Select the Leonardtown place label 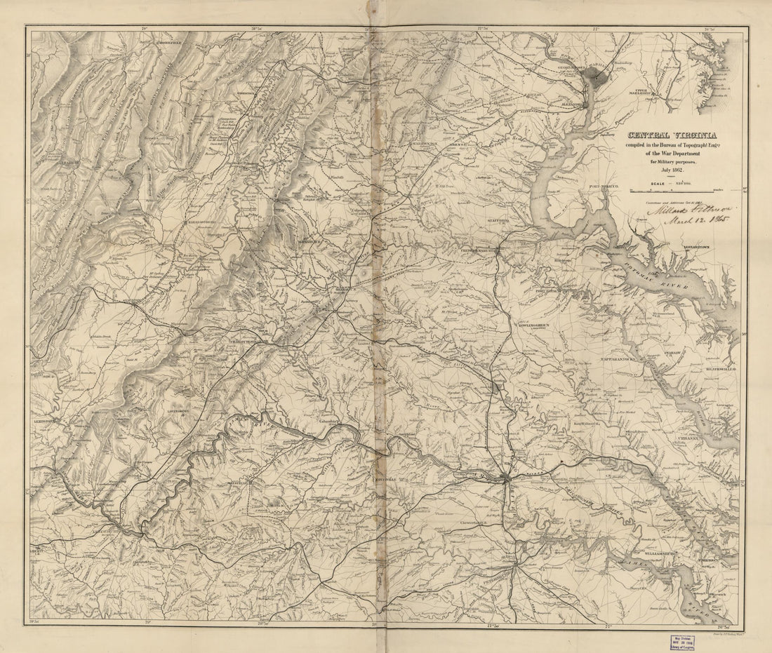click(x=702, y=248)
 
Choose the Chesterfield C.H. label click(x=474, y=523)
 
